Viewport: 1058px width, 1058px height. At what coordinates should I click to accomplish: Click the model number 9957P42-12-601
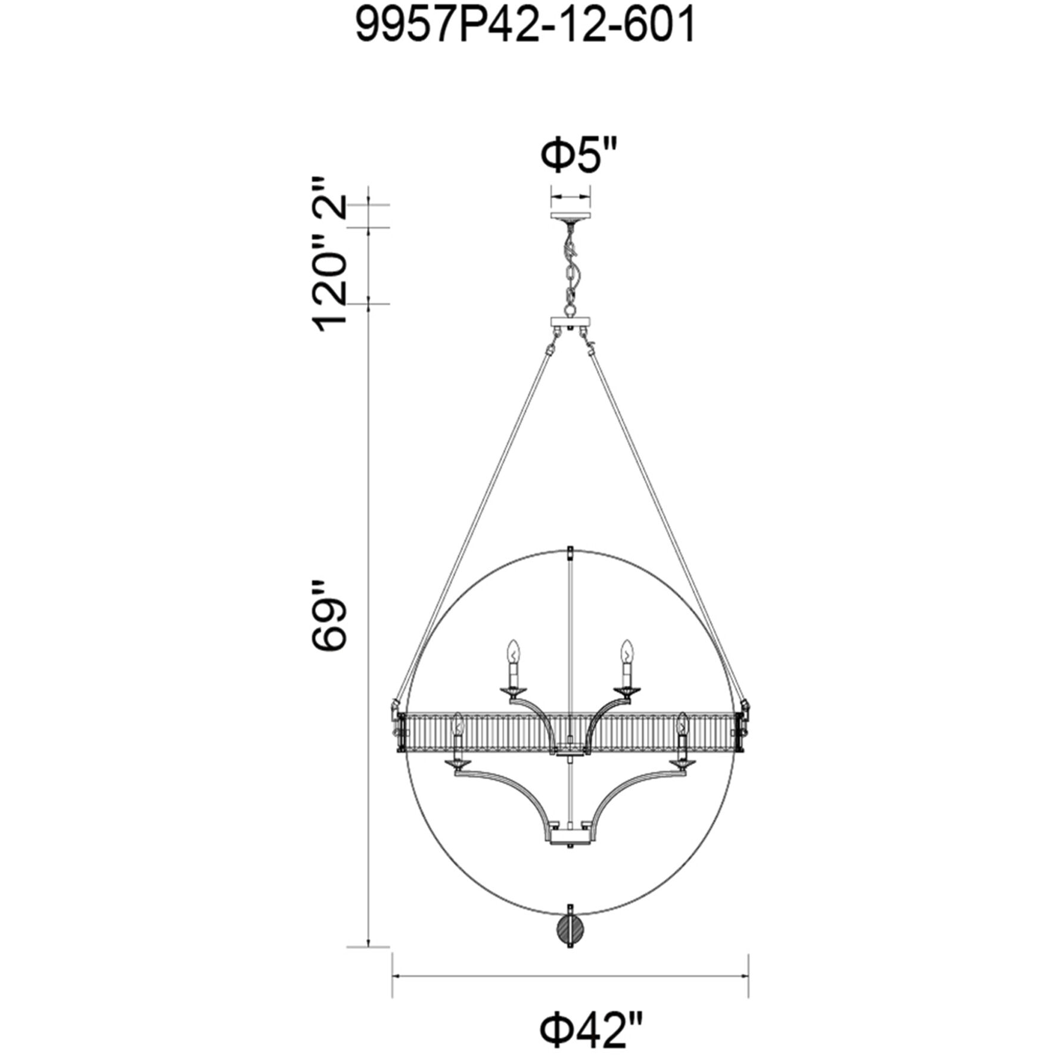pyautogui.click(x=525, y=27)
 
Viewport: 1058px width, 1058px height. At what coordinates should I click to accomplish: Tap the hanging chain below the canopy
pyautogui.click(x=571, y=268)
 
